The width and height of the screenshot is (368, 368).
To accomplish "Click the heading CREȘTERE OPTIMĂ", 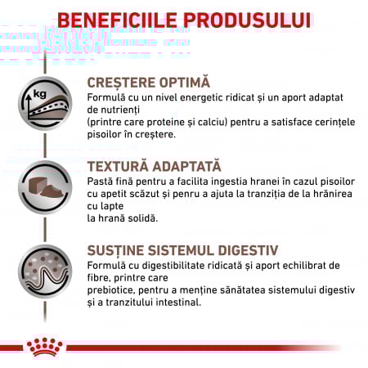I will coord(148,83).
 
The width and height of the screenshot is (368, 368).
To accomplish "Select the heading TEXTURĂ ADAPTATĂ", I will coord(154,166).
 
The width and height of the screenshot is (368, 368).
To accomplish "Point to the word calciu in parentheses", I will coord(204,122).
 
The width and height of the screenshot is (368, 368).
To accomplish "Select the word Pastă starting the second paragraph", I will coord(101,182).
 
